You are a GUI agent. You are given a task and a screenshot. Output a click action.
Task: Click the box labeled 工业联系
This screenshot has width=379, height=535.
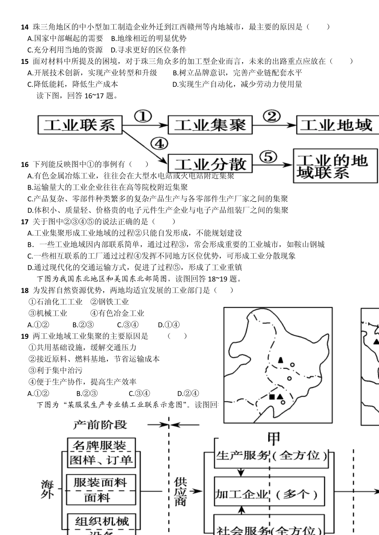(x=80, y=125)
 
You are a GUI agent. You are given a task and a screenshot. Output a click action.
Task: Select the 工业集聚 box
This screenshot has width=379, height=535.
(x=210, y=125)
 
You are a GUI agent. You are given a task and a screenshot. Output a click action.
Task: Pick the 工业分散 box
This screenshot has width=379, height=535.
(x=210, y=164)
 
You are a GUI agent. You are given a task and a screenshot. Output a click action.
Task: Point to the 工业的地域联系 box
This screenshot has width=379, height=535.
(x=335, y=166)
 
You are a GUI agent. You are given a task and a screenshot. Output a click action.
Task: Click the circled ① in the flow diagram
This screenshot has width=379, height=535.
(x=143, y=116)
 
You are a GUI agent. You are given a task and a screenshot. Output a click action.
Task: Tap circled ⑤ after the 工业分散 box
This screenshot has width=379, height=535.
(x=270, y=157)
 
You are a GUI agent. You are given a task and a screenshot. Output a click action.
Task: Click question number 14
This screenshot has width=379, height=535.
(x=25, y=27)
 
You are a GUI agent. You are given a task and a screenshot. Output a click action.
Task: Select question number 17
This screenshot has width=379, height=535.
(x=25, y=222)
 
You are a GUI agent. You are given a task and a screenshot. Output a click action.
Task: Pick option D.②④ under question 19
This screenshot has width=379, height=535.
(x=188, y=393)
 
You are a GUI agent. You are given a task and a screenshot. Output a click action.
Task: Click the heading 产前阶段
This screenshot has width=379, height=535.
(x=100, y=425)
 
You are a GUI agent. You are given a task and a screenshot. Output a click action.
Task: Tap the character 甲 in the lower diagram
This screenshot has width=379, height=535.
(x=274, y=438)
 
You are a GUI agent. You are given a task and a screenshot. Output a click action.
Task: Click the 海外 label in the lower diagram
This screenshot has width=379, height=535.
(x=47, y=489)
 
